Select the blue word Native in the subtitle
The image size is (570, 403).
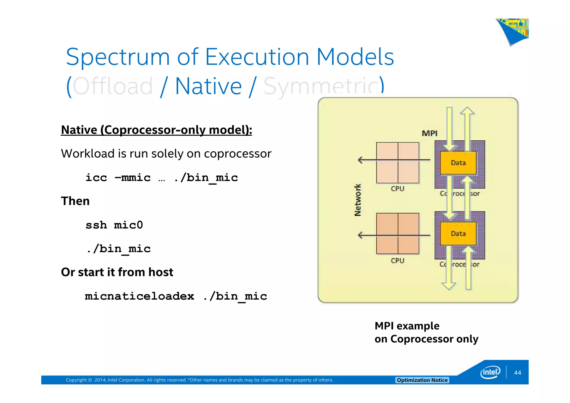click(x=208, y=86)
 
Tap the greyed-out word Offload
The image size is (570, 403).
click(x=112, y=86)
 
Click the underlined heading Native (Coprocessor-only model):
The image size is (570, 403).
click(x=156, y=130)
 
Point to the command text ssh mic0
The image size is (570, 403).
click(x=114, y=225)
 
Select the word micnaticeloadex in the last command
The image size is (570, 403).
click(x=139, y=296)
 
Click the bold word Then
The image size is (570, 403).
click(x=75, y=201)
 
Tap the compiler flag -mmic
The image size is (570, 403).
click(x=133, y=178)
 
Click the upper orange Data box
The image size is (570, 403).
click(x=458, y=163)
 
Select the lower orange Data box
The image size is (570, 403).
click(x=458, y=234)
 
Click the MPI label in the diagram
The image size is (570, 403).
click(x=429, y=133)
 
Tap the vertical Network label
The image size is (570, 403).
click(x=358, y=200)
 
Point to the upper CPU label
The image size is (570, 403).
click(x=397, y=189)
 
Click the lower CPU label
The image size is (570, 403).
click(x=397, y=261)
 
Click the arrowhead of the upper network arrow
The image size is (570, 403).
click(x=360, y=160)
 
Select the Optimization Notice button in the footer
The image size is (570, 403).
click(x=422, y=380)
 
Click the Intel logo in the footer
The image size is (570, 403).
click(x=490, y=372)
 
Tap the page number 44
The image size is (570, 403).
click(x=517, y=373)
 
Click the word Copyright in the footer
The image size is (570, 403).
click(x=76, y=380)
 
